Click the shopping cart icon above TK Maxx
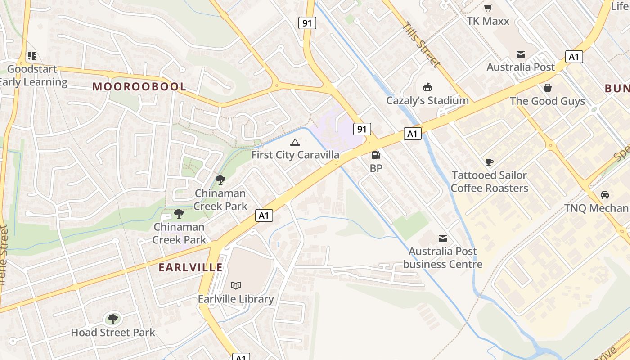[x=488, y=8]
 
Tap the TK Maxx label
[x=488, y=21]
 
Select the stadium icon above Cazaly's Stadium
[x=427, y=87]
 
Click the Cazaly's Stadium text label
[x=427, y=100]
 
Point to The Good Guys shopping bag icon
[x=548, y=87]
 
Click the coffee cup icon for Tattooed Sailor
[x=490, y=162]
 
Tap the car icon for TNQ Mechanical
[x=605, y=195]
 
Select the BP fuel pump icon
[x=376, y=155]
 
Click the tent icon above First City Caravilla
[x=295, y=143]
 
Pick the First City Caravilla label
[x=295, y=155]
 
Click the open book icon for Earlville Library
[x=236, y=285]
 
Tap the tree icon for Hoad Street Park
[x=113, y=319]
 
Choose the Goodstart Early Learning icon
[x=31, y=56]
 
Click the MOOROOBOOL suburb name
[x=139, y=87]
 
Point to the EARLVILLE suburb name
[x=190, y=267]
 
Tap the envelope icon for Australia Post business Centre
[x=443, y=238]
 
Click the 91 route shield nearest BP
[x=362, y=129]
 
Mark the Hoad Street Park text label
[x=113, y=333]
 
